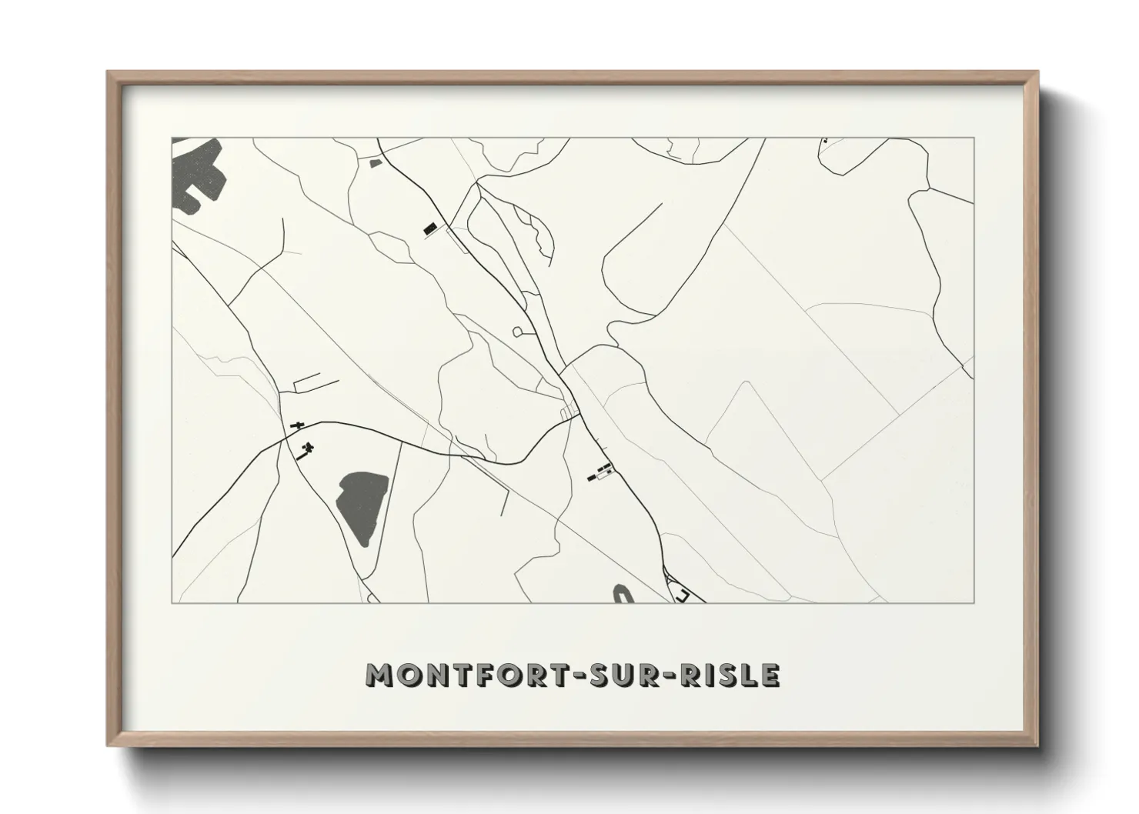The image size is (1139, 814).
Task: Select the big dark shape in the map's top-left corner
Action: click(199, 175)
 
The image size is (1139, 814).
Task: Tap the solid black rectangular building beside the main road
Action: click(429, 228)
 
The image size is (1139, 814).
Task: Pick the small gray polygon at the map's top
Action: click(376, 162)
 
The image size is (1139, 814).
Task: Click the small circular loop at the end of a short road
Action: click(516, 332)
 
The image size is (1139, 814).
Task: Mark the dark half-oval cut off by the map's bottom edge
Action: click(622, 595)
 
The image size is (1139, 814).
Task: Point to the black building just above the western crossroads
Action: click(296, 424)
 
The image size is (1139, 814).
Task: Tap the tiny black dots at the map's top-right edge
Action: click(825, 141)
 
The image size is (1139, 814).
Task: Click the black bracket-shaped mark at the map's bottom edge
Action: click(682, 595)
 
